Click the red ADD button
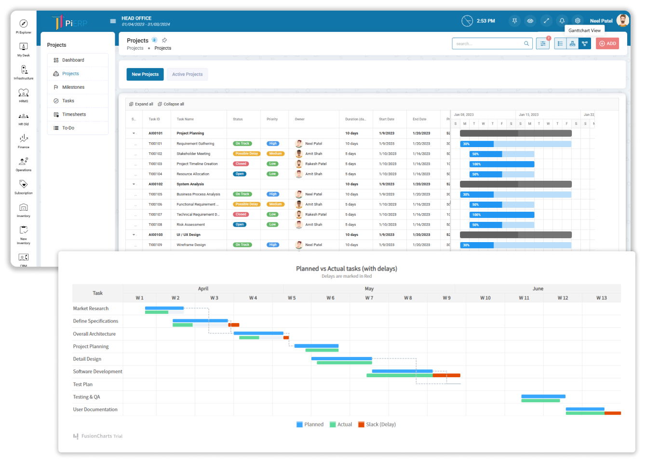point(607,43)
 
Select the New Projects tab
point(145,74)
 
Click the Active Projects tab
point(187,74)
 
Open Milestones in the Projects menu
point(73,87)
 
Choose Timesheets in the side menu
point(74,114)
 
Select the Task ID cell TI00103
point(155,164)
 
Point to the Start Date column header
point(387,119)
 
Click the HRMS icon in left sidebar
point(24,94)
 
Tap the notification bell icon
point(562,21)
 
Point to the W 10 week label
point(485,298)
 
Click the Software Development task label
point(97,372)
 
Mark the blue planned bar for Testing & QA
point(543,396)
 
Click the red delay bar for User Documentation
point(612,413)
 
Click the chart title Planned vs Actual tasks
point(346,269)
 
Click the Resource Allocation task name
point(193,174)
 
